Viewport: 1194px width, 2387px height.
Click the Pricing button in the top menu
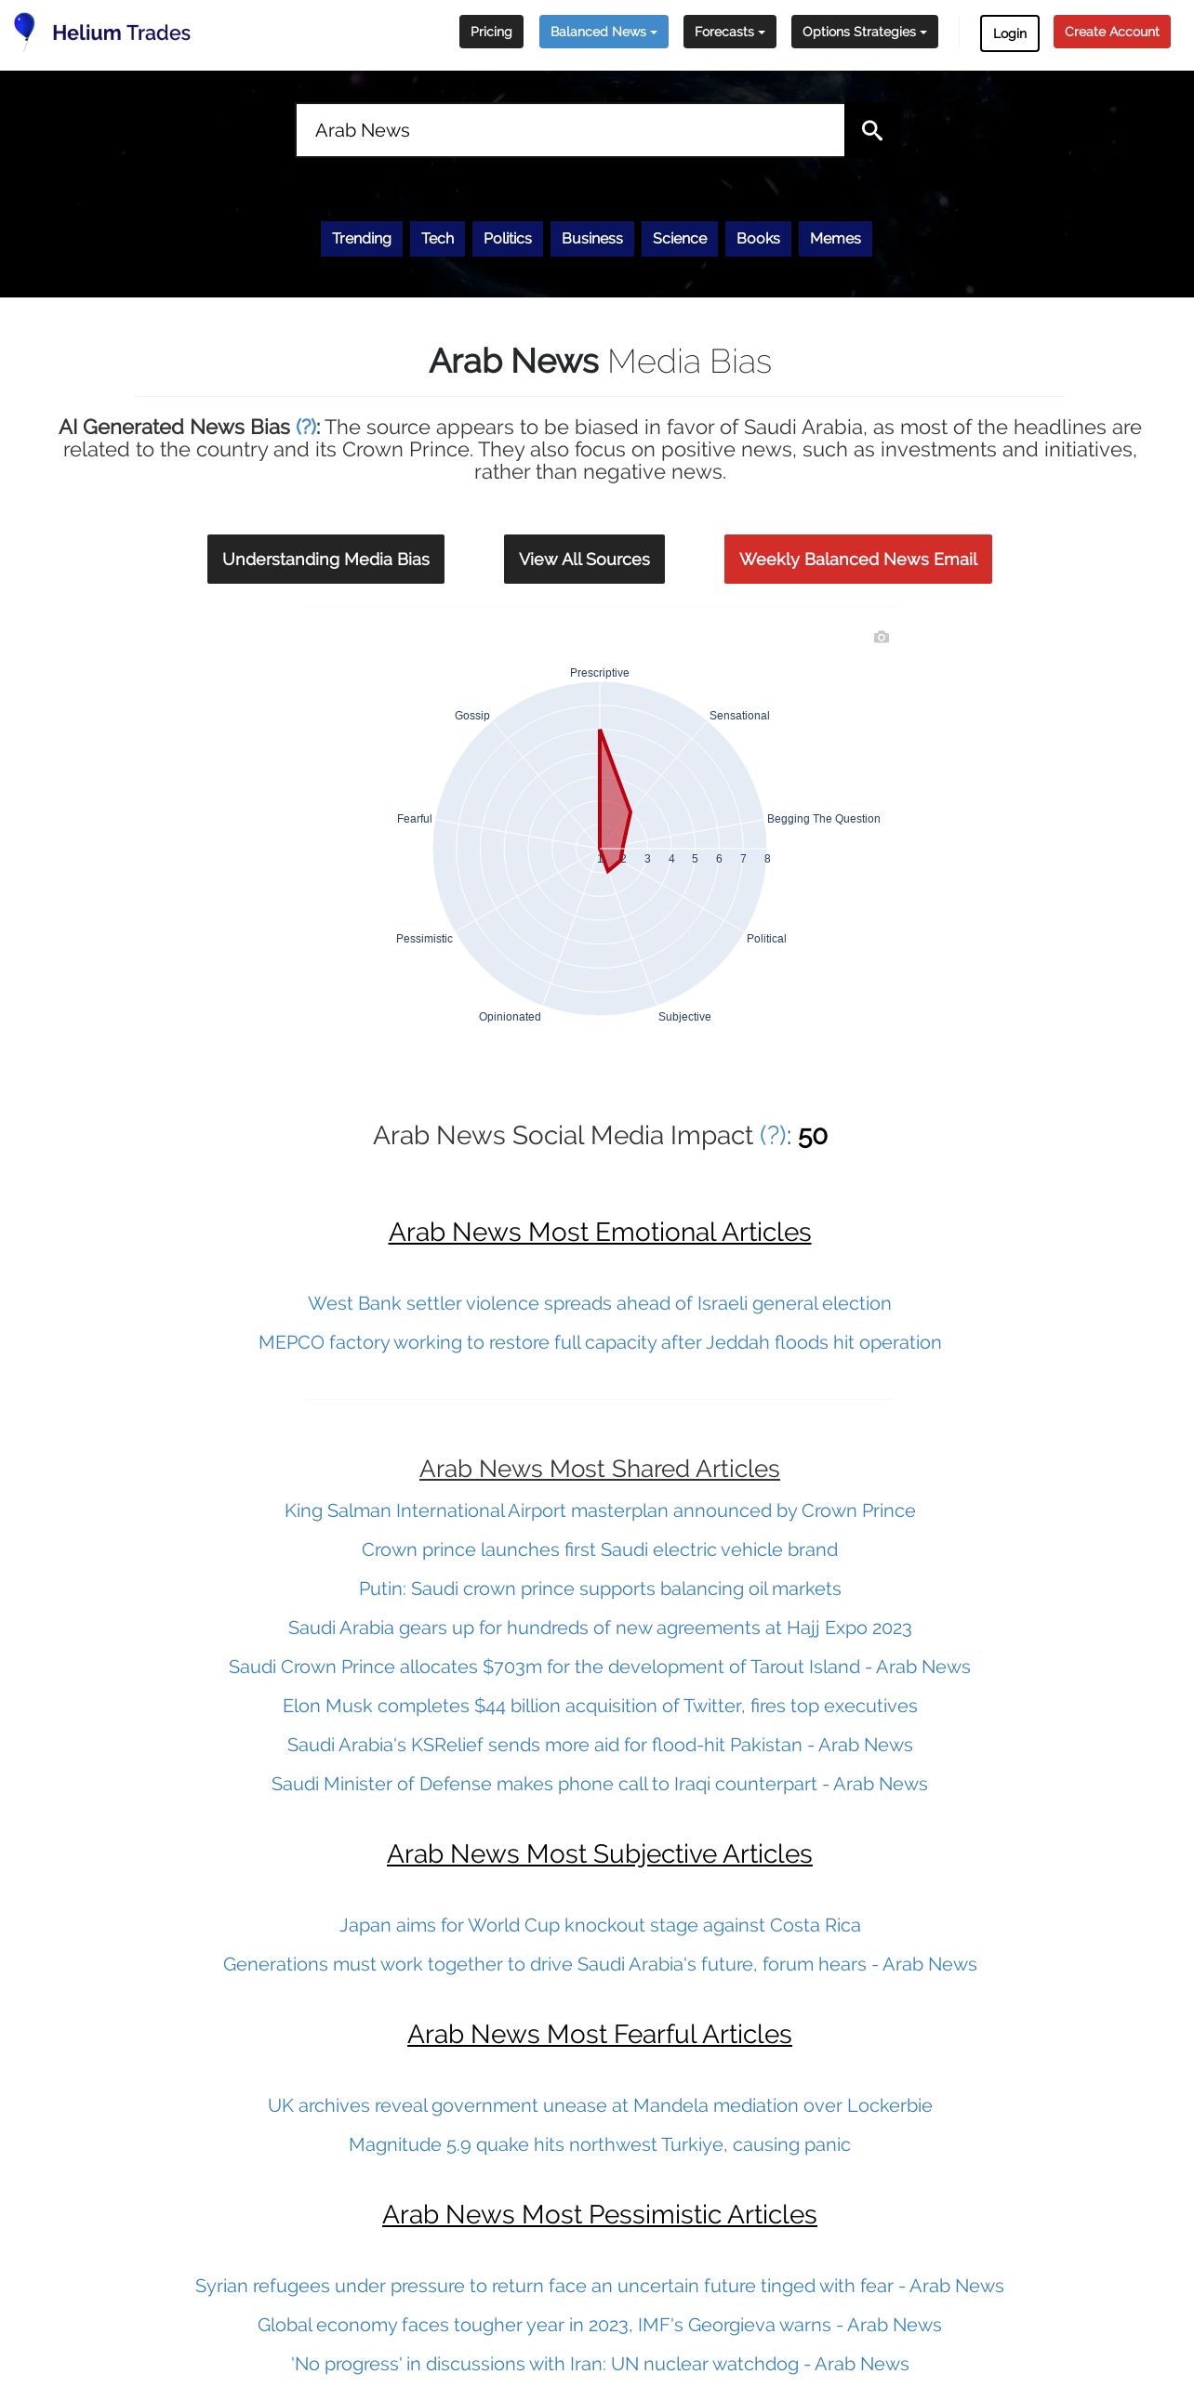pos(491,32)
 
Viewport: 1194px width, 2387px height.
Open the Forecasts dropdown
pos(729,32)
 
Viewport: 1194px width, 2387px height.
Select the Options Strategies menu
pos(864,32)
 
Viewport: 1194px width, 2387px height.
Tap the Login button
pos(1009,33)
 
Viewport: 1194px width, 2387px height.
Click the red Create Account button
pos(1111,32)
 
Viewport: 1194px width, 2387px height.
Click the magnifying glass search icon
pos(871,130)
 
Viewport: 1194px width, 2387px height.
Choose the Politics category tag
pos(507,238)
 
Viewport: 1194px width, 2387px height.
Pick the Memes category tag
pos(835,238)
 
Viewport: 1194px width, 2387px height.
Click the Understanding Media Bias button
pos(325,559)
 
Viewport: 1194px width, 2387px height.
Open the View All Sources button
pos(584,559)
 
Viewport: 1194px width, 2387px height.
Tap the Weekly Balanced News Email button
pos(857,559)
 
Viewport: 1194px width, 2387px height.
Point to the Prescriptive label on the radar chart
pos(599,673)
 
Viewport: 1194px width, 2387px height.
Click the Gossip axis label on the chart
pos(471,716)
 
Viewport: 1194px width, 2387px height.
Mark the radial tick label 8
pos(767,859)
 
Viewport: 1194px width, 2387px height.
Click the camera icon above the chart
pos(882,637)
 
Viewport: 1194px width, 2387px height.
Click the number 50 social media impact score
pos(813,1136)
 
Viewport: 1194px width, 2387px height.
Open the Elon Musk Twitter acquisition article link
pos(600,1706)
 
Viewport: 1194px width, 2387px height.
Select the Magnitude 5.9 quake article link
pos(600,2144)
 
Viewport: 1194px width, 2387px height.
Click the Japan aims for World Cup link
pos(600,1925)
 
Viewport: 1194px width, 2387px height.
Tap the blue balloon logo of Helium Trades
pos(25,29)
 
